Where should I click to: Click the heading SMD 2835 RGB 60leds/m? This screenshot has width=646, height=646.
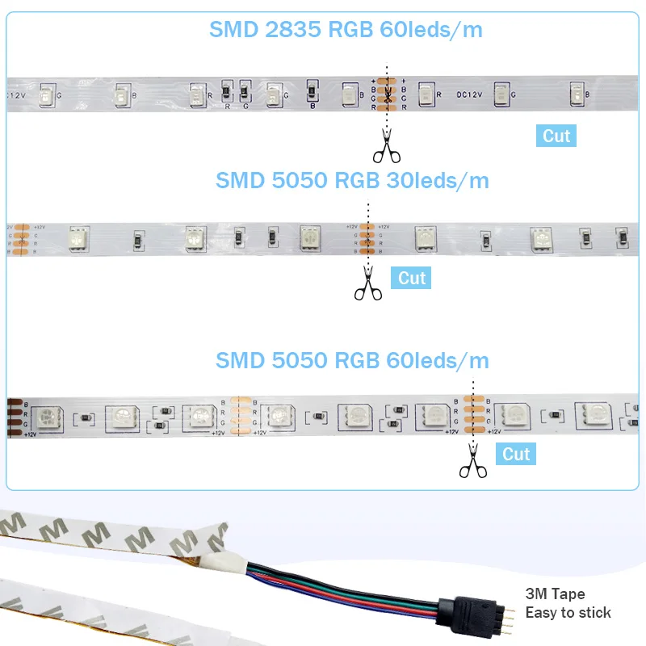pos(346,30)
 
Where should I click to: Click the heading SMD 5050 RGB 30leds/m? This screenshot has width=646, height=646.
pos(352,180)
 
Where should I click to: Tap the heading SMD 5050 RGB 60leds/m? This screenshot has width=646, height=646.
pos(352,360)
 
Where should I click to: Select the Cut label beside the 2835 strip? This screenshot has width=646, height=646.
pos(556,136)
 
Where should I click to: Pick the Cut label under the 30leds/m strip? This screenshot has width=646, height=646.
pos(412,279)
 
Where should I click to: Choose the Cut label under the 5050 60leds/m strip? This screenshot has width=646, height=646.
pos(516,454)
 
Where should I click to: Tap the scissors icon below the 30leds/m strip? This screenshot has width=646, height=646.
pos(367,285)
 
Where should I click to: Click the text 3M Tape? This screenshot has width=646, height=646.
pos(555,595)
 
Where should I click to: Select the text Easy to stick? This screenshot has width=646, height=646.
pos(568,613)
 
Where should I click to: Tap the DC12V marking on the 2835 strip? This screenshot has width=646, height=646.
pos(469,94)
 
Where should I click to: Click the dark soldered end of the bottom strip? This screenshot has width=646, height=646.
pos(12,417)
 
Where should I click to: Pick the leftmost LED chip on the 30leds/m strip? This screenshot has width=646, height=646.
pos(78,237)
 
